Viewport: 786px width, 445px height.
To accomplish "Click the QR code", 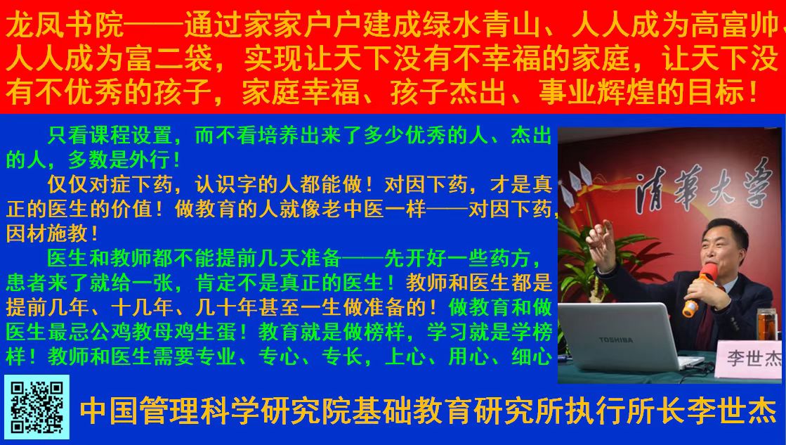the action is pos(37,407).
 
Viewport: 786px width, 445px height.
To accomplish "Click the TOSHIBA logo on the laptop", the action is pos(615,340).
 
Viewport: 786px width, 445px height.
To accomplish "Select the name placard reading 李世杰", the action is pos(749,359).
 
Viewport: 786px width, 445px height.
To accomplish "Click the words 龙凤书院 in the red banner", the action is pos(65,25).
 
